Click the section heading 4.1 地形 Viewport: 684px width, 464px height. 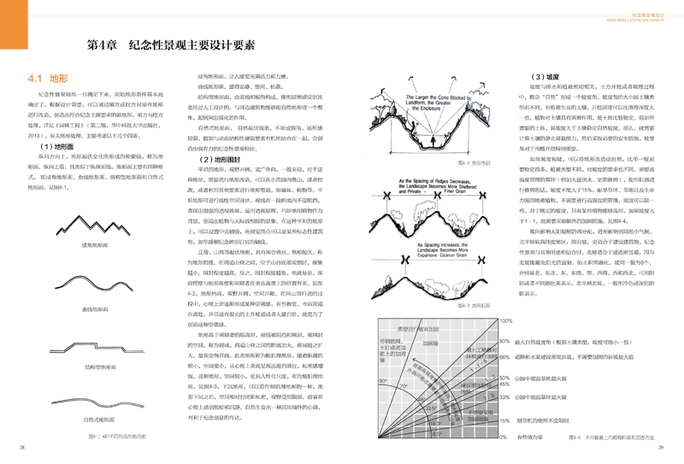click(45, 78)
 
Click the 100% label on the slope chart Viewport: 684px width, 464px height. click(504, 320)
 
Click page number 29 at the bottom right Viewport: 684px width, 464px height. click(660, 446)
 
